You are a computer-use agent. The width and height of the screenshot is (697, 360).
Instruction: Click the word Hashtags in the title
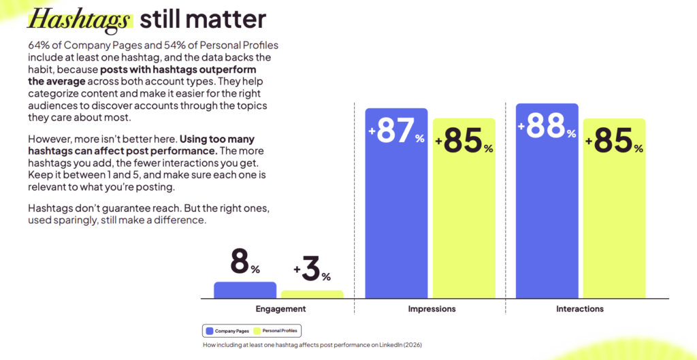click(x=78, y=18)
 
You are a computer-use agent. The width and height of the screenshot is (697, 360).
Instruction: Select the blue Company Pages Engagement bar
click(x=245, y=290)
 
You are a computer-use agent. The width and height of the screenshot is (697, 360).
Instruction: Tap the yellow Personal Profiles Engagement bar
click(x=312, y=294)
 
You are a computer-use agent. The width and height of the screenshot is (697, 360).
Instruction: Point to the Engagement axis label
click(x=280, y=309)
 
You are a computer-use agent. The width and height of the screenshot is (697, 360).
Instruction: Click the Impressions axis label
click(x=432, y=309)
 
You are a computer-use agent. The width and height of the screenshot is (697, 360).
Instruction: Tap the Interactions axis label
click(x=580, y=309)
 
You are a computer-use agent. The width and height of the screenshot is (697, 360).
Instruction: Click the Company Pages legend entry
click(x=227, y=331)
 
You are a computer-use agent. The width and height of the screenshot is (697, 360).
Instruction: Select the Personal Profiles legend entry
click(x=277, y=331)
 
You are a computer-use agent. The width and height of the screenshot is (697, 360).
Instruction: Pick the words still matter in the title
click(x=203, y=18)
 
